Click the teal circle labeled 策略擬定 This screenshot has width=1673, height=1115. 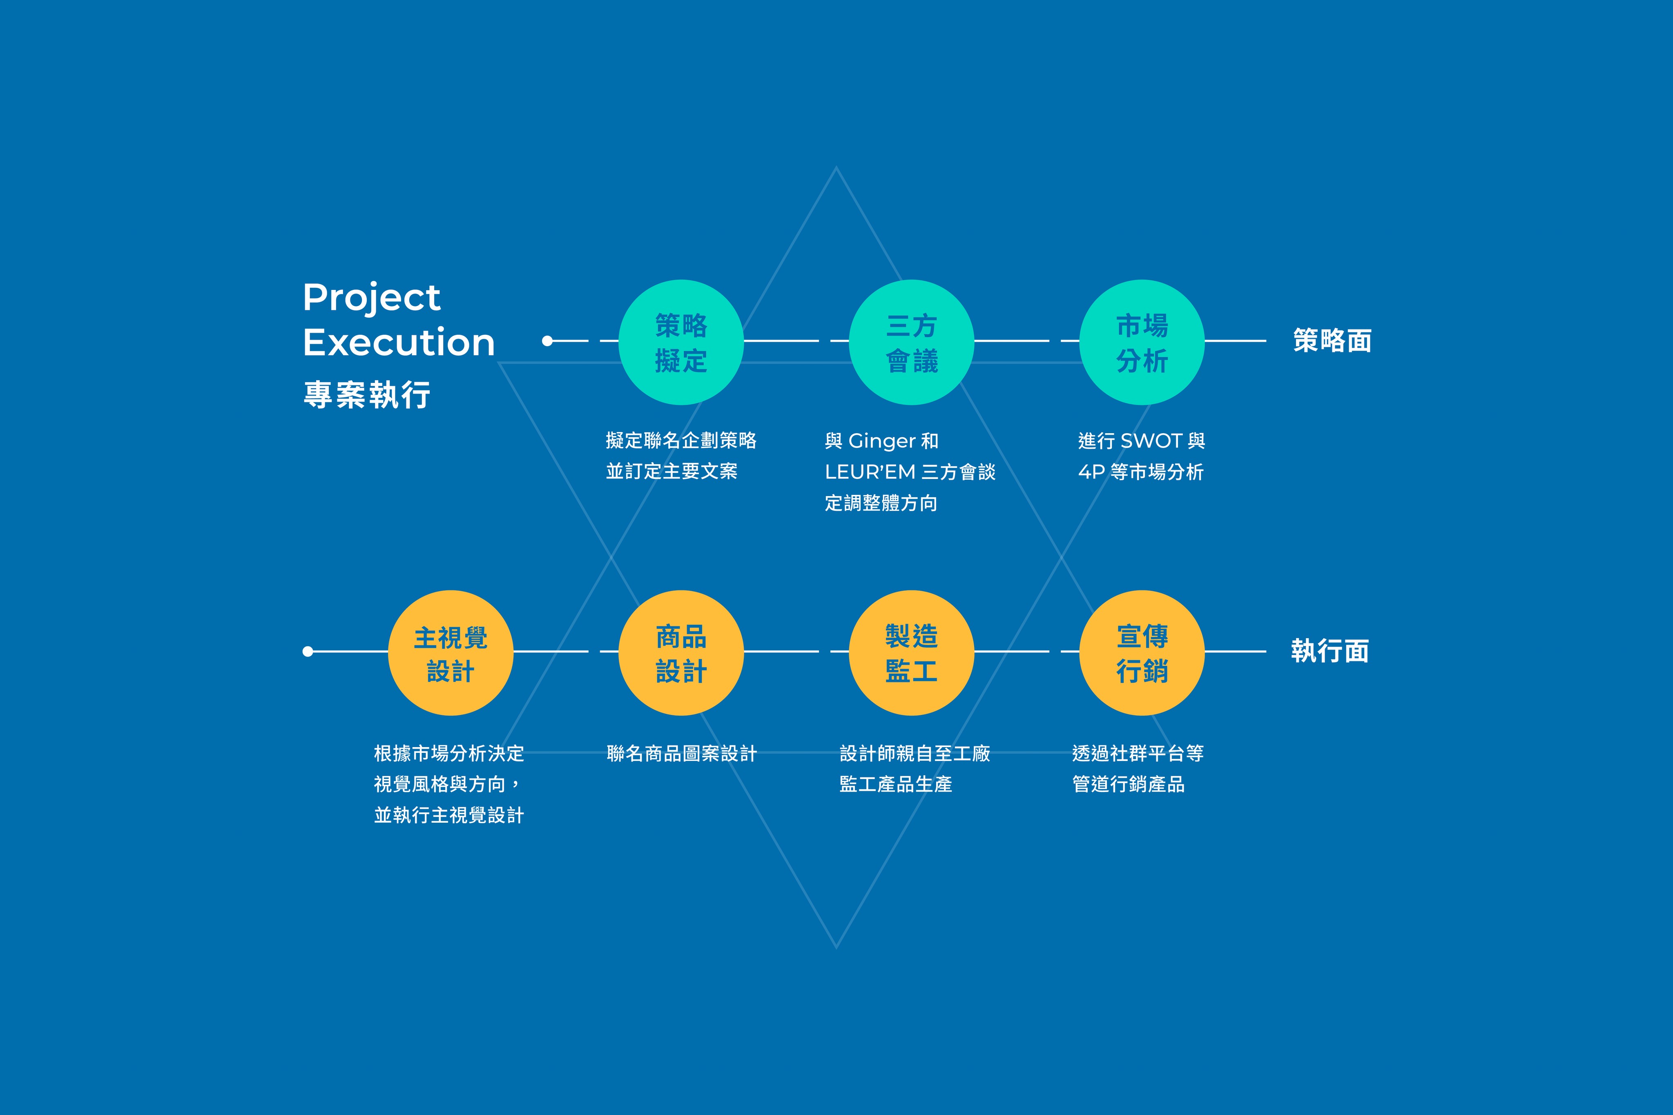pyautogui.click(x=681, y=342)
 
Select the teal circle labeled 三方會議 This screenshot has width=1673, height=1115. pyautogui.click(x=911, y=342)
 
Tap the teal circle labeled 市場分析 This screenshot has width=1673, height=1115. pyautogui.click(x=1142, y=342)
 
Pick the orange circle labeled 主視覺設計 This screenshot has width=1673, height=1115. pyautogui.click(x=450, y=653)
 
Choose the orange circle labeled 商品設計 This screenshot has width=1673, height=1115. pyautogui.click(x=681, y=653)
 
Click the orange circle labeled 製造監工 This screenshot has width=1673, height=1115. pyautogui.click(x=911, y=653)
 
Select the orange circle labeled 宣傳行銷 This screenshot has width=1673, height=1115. pyautogui.click(x=1142, y=653)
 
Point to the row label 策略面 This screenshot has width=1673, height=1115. pyautogui.click(x=1332, y=341)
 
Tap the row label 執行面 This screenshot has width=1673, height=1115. pyautogui.click(x=1330, y=651)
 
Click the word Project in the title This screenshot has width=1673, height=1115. pyautogui.click(x=371, y=297)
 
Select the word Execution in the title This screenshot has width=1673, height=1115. pyautogui.click(x=398, y=343)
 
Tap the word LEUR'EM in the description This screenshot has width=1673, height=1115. pyautogui.click(x=870, y=472)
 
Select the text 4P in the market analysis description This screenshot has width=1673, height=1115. pyautogui.click(x=1091, y=472)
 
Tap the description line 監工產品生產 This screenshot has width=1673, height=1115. pyautogui.click(x=896, y=784)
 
